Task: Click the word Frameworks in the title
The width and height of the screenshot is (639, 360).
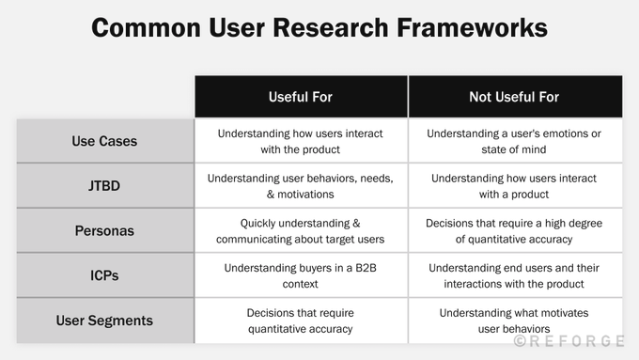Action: [472, 27]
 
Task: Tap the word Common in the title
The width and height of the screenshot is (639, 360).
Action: [147, 27]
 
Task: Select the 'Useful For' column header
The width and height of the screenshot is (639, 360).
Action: [301, 97]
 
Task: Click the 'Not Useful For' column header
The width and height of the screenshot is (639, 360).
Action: [515, 97]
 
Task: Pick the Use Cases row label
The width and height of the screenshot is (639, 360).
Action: [105, 141]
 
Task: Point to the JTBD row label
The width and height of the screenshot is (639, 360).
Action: [105, 186]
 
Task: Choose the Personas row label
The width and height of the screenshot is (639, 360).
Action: [105, 231]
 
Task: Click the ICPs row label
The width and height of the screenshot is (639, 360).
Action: [105, 275]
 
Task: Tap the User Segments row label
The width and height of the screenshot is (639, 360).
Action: [105, 321]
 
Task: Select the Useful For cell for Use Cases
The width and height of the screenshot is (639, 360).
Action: [301, 141]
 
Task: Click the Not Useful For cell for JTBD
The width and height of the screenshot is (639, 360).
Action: [515, 186]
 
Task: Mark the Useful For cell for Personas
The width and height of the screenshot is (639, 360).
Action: [301, 231]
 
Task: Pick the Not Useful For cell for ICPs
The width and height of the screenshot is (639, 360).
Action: [515, 275]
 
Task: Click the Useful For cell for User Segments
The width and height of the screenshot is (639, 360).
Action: [301, 321]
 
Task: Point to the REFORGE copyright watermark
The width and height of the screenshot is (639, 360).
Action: [569, 341]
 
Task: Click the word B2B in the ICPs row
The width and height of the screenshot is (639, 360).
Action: [366, 268]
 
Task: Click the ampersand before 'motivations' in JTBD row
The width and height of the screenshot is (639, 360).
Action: [271, 195]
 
